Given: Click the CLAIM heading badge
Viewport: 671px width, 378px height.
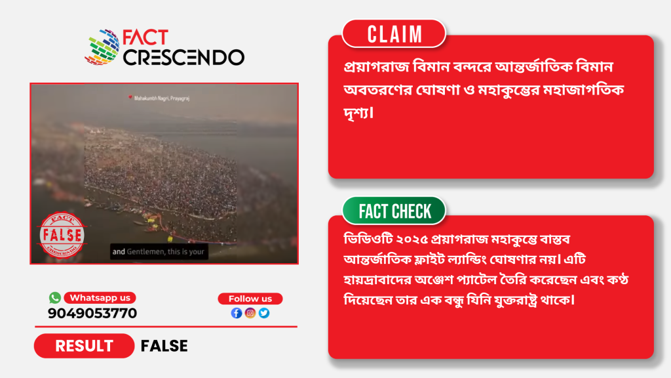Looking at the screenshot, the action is tap(394, 34).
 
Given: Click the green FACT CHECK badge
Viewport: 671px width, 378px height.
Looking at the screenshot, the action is tap(394, 211).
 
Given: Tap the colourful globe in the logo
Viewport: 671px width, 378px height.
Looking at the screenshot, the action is tap(102, 47).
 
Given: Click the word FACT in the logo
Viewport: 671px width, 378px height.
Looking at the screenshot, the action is tap(145, 37).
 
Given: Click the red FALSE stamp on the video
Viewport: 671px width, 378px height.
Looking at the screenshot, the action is tap(62, 235).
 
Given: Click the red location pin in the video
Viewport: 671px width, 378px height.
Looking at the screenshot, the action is tap(130, 98).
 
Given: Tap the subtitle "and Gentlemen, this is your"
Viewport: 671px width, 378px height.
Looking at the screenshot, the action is tap(159, 251).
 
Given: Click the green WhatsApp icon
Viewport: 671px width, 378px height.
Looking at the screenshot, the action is tap(55, 297).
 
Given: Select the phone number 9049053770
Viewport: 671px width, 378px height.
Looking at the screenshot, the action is tap(92, 313).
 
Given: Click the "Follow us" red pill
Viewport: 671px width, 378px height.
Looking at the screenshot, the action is tap(250, 299).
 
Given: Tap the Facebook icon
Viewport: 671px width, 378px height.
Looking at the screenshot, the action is tap(237, 313).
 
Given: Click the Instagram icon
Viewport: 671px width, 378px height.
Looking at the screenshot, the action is tap(250, 313).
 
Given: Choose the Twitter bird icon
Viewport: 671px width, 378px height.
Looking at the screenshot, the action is tap(264, 313).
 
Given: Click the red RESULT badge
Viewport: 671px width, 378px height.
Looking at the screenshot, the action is tap(85, 346).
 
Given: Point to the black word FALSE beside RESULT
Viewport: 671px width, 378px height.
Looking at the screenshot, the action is tap(164, 346).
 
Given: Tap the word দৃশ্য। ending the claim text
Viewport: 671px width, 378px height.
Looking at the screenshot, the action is tap(358, 113).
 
